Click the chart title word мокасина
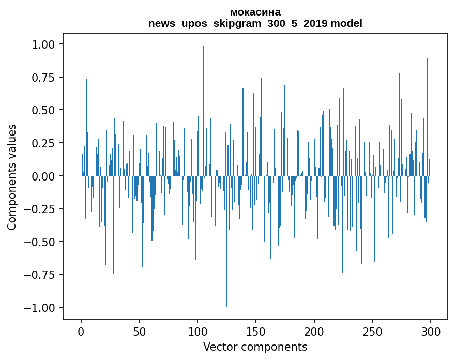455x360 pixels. [x=255, y=12]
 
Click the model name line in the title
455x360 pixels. [x=255, y=23]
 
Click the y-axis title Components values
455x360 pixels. [x=12, y=177]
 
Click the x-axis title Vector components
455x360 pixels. [x=255, y=347]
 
